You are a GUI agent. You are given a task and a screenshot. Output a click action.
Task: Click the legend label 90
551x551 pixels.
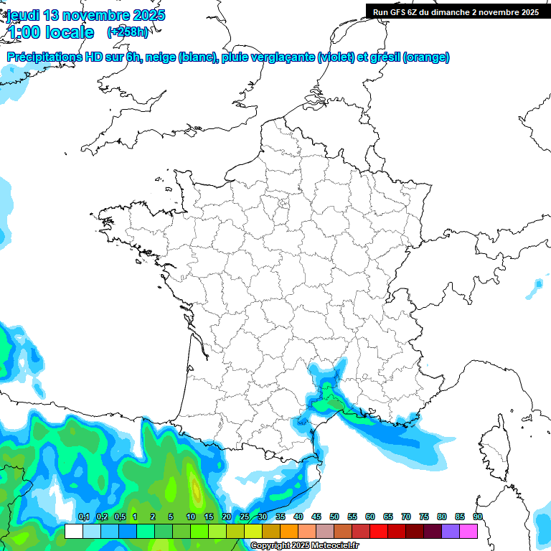(478, 517)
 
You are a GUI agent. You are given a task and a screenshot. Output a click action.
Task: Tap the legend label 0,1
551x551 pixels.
(83, 517)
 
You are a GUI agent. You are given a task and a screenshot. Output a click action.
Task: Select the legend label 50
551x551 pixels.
(334, 517)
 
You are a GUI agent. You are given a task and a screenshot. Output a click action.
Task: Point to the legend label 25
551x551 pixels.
(245, 517)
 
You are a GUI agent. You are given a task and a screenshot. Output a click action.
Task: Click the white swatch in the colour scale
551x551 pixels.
(74, 531)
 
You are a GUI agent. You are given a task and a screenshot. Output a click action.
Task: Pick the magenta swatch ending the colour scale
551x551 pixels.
(468, 531)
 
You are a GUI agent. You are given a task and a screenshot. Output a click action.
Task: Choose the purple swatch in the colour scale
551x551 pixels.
(451, 531)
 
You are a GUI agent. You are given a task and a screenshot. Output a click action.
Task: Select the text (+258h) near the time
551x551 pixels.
(128, 32)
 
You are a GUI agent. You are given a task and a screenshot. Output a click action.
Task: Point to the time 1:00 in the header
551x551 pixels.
(24, 32)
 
